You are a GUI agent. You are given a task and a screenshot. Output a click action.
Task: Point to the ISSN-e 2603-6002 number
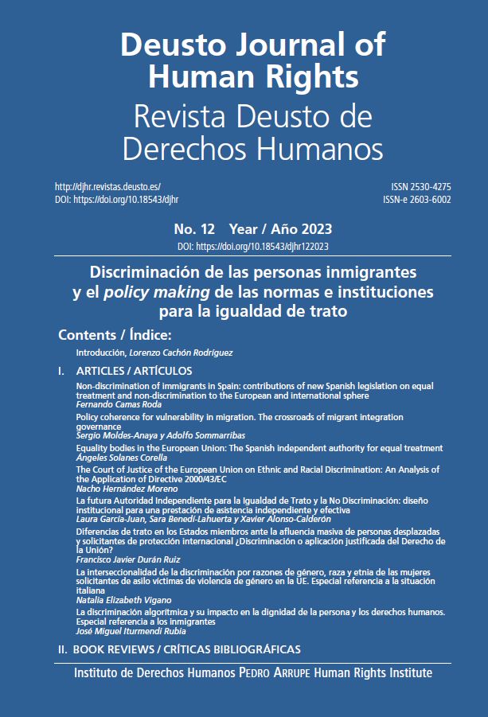[x=416, y=200]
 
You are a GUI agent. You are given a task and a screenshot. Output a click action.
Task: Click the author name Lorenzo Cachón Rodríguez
[x=184, y=352]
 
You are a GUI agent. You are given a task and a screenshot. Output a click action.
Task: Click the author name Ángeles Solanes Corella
[x=121, y=458]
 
